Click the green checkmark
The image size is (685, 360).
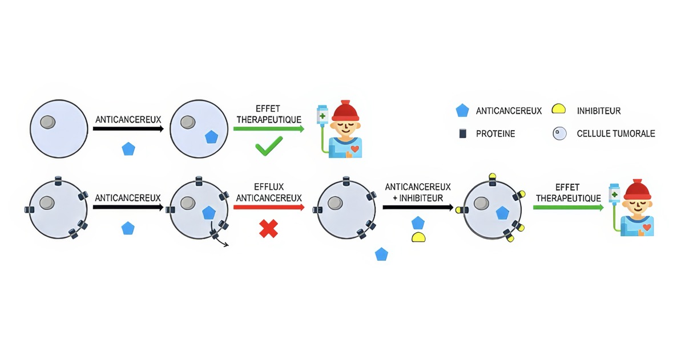(x=269, y=148)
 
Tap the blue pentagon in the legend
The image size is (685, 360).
(x=462, y=111)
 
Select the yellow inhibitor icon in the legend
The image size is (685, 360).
(x=559, y=110)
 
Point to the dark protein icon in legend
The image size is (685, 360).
(x=462, y=134)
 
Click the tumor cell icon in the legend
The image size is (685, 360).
(x=560, y=134)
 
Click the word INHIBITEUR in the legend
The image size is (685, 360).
(x=598, y=111)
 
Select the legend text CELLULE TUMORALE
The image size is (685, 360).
(x=615, y=134)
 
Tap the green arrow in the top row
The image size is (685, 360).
(x=269, y=129)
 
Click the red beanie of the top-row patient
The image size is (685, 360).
(x=345, y=110)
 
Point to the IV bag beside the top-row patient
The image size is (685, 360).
(x=323, y=115)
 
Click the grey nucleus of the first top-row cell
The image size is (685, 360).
(x=49, y=122)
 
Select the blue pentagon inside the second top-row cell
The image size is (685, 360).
(x=211, y=137)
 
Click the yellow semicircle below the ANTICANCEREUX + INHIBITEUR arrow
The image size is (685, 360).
(x=418, y=237)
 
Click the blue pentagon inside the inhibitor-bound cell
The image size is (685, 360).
(x=502, y=213)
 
